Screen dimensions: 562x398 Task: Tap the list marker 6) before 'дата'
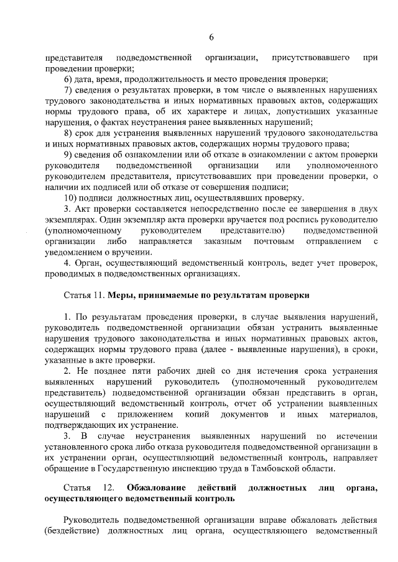tap(70, 79)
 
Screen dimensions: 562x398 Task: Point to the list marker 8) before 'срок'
tap(70, 134)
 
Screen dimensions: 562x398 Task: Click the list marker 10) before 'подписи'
tap(72, 198)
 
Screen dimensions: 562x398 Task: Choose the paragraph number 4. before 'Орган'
tap(68, 263)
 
